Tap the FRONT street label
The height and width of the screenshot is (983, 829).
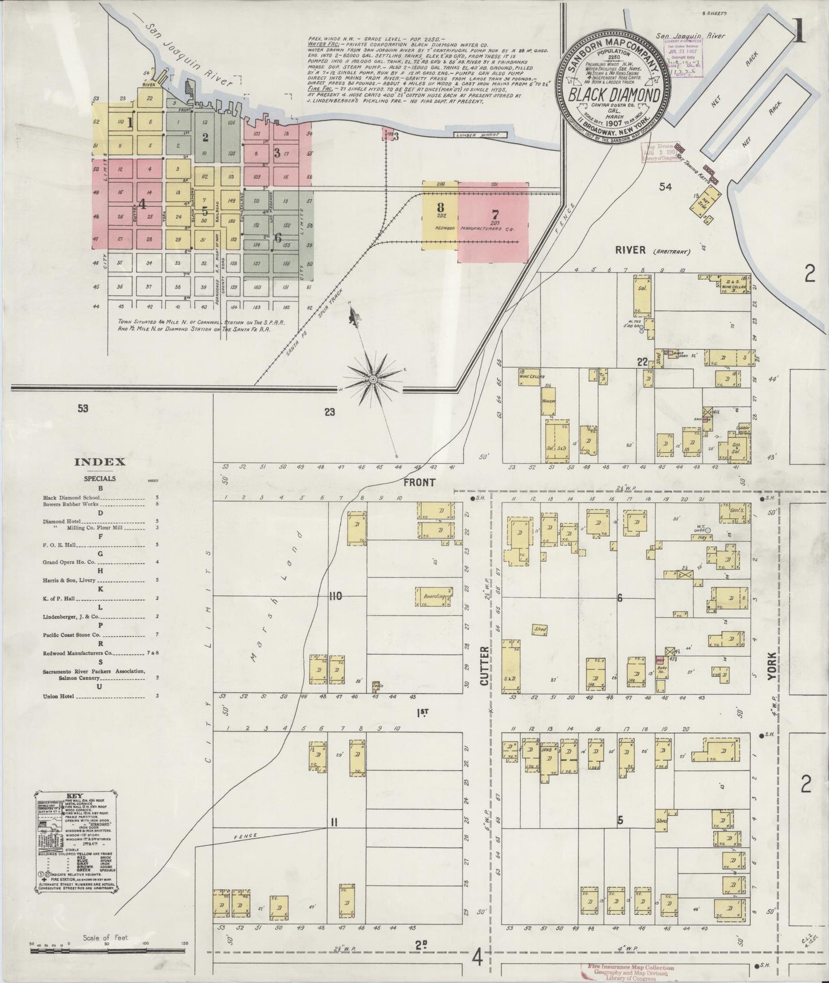tap(419, 483)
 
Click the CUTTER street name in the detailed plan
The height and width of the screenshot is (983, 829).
tap(484, 666)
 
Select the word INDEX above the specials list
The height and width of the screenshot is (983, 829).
tap(100, 462)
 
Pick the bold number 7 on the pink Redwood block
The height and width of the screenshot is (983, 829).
tap(495, 214)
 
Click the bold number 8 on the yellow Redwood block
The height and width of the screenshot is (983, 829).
tap(440, 208)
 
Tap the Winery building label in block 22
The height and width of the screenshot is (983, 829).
tap(548, 402)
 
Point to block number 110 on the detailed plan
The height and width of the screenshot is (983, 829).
tap(335, 596)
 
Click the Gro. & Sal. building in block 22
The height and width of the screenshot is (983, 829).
tap(734, 449)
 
